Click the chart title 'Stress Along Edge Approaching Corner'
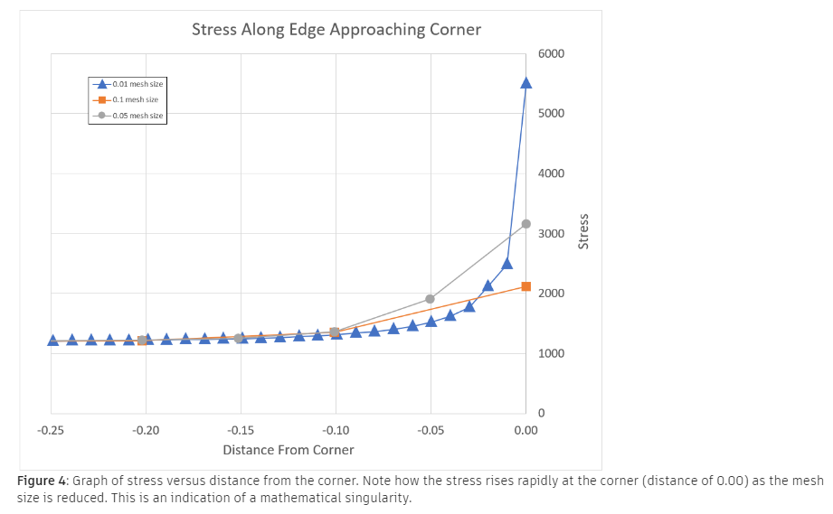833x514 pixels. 336,30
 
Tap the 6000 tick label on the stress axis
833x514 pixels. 550,54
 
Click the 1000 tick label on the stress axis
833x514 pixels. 550,353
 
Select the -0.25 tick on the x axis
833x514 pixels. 51,430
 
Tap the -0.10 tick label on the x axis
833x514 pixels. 336,430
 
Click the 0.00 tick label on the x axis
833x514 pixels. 525,430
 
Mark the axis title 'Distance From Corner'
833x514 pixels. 289,450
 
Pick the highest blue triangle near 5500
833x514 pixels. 525,83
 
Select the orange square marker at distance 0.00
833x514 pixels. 525,286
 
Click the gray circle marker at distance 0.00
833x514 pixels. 525,224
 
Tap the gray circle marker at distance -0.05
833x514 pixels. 431,299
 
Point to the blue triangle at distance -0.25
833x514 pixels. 52,341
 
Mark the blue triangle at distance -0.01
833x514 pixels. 507,264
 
